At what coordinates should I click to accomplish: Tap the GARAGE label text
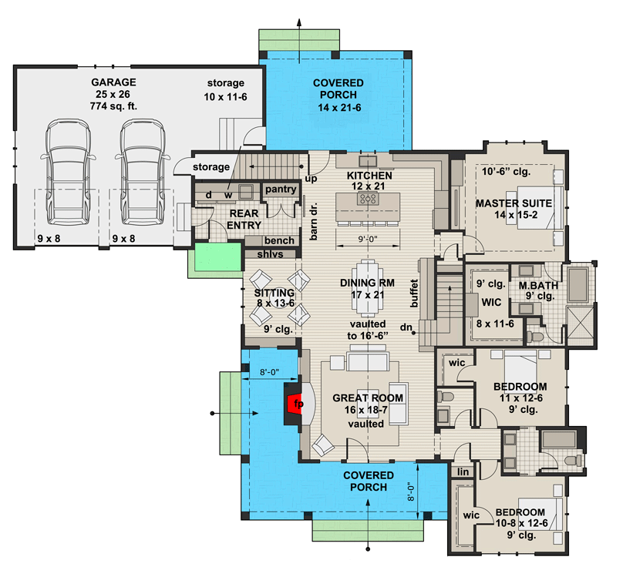tap(112, 82)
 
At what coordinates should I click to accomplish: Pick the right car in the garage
tap(141, 170)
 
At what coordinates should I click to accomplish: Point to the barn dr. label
tap(315, 223)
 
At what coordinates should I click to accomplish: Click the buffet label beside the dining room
tap(414, 293)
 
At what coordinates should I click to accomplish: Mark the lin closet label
tap(463, 471)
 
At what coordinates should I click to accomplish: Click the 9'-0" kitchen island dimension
tap(368, 238)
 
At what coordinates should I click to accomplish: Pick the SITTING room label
tap(274, 293)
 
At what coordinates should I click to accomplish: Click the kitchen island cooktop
tap(369, 198)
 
